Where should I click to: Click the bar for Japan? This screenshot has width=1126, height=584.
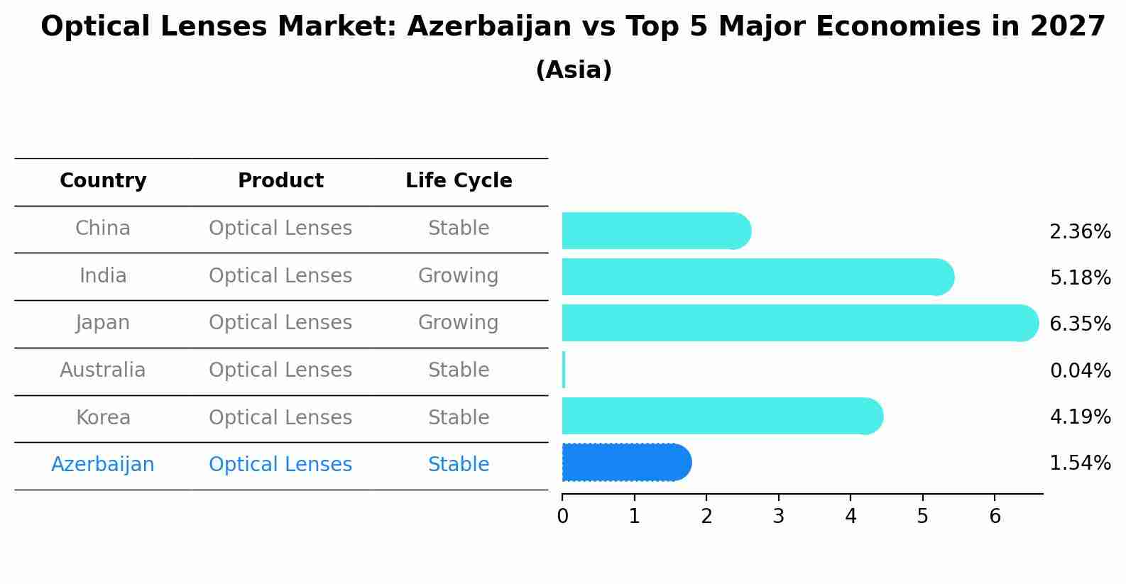pyautogui.click(x=795, y=323)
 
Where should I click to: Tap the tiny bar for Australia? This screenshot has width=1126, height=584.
pyautogui.click(x=564, y=370)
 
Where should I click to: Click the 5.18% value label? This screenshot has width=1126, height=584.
pyautogui.click(x=1080, y=277)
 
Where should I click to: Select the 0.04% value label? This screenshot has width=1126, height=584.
pyautogui.click(x=1080, y=370)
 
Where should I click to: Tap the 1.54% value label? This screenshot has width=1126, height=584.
pyautogui.click(x=1080, y=463)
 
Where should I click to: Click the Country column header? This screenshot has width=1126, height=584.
pyautogui.click(x=103, y=181)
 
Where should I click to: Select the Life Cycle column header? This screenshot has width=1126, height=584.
pyautogui.click(x=459, y=181)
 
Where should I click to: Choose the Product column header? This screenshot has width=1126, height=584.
pyautogui.click(x=280, y=181)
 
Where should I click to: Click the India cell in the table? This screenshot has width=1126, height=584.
pyautogui.click(x=103, y=275)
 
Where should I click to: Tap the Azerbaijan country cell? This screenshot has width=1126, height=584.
pyautogui.click(x=103, y=465)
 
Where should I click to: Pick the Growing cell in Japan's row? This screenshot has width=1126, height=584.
pyautogui.click(x=458, y=323)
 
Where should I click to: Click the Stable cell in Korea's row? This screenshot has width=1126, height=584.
pyautogui.click(x=458, y=417)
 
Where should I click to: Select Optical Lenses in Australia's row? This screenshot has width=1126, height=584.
pyautogui.click(x=280, y=370)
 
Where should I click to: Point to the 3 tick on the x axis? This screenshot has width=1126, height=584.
pyautogui.click(x=779, y=516)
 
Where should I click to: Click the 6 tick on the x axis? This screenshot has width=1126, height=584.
pyautogui.click(x=995, y=516)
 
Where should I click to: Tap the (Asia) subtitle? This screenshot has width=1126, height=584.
pyautogui.click(x=574, y=70)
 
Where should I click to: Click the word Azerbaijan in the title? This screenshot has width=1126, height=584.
pyautogui.click(x=489, y=27)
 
